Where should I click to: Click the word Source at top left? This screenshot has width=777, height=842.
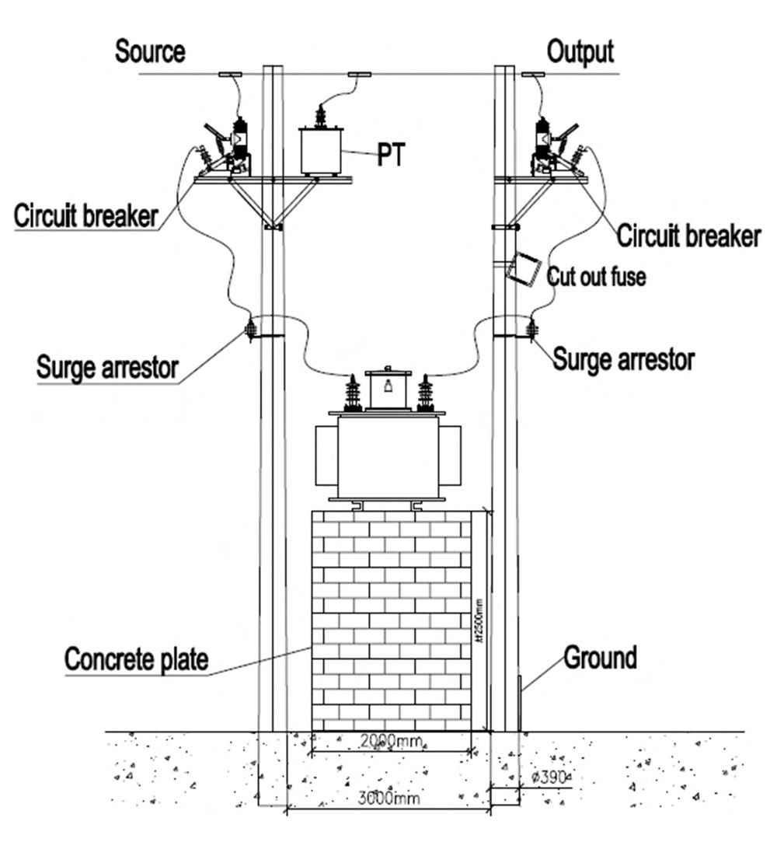pos(150,52)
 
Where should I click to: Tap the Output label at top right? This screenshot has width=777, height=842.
pos(580,52)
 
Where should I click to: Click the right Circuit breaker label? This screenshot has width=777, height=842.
pos(688,235)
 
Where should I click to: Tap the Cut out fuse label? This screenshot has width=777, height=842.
pos(596,277)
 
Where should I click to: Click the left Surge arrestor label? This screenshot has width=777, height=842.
pos(107,367)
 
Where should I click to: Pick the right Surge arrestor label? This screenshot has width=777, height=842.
pos(623,359)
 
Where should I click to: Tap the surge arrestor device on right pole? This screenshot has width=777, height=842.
pos(532,330)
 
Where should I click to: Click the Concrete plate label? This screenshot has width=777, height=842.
pos(136,659)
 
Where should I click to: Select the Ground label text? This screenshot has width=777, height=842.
pos(600,658)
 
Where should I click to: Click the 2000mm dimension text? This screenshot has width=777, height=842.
pos(391,742)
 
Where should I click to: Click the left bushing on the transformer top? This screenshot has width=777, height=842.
pos(353,393)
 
